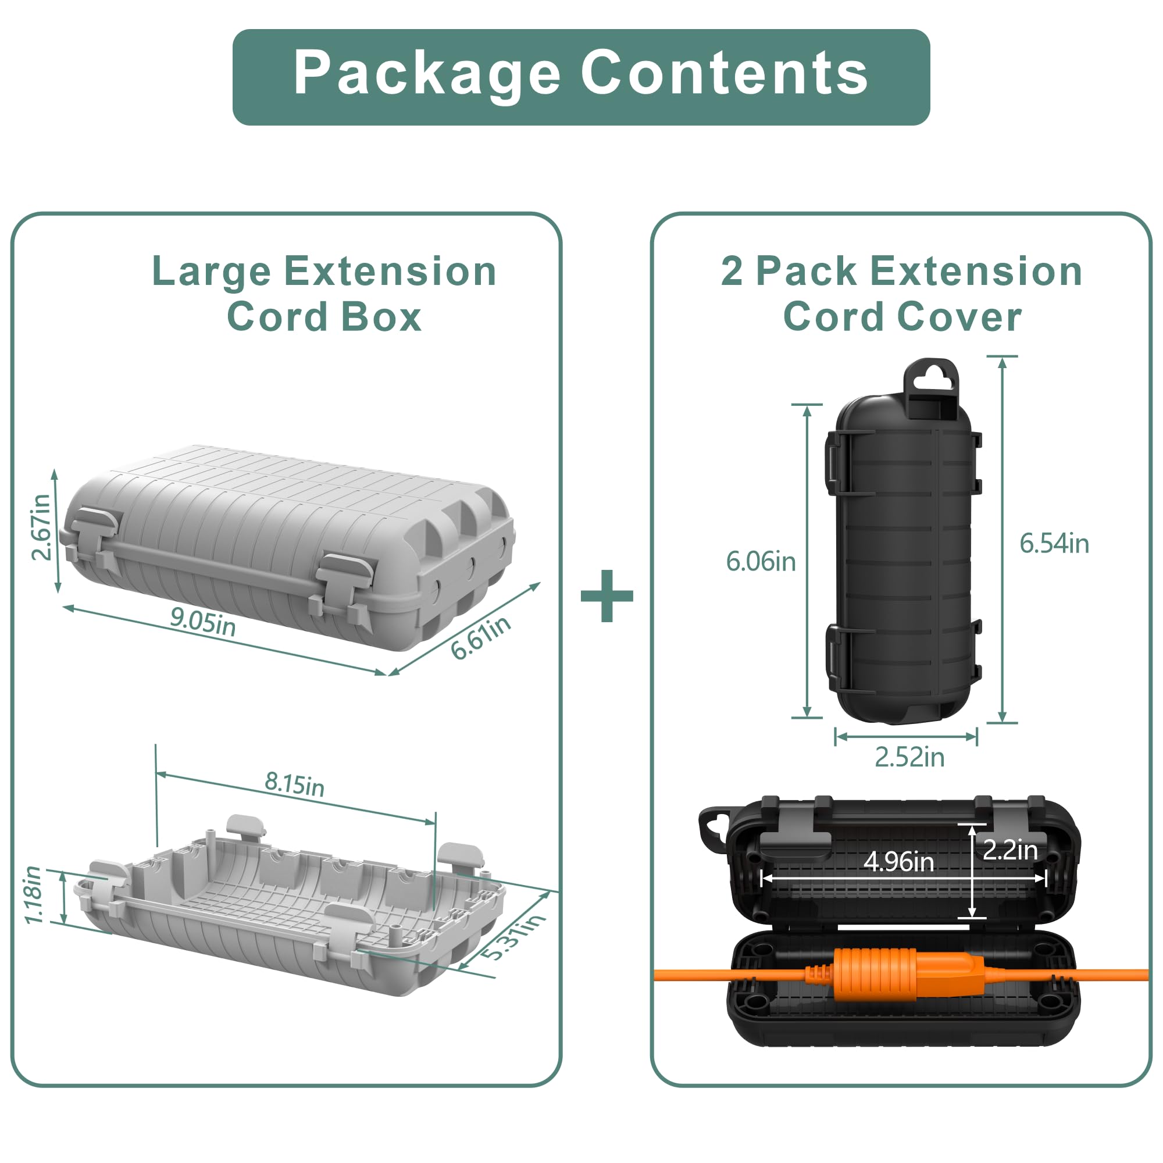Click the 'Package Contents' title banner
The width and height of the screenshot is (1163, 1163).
point(581,77)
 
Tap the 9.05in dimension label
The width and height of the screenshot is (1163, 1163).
point(203,622)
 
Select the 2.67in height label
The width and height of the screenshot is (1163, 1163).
point(41,527)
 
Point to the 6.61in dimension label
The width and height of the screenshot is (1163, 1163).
point(481,637)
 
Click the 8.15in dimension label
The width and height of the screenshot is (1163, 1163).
point(294,784)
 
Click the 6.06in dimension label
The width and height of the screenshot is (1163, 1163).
point(761,562)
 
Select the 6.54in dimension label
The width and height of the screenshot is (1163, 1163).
point(1054,544)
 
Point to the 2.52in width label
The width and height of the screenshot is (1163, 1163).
point(909,757)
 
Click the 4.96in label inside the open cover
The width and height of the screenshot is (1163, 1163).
point(899,861)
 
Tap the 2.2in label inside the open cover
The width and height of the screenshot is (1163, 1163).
point(1011,850)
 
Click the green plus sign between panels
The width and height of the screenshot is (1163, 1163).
point(607,596)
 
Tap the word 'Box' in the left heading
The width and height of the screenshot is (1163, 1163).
point(381,317)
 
